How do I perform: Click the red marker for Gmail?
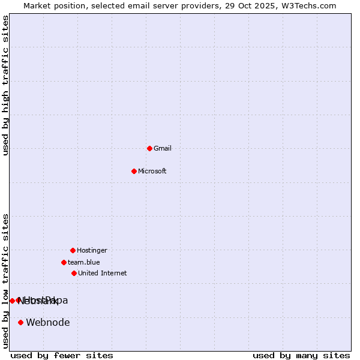(149, 148)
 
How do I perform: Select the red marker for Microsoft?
(134, 171)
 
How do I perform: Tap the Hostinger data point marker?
(73, 250)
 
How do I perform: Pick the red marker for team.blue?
(64, 262)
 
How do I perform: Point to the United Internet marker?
(74, 273)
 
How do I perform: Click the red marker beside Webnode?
(20, 322)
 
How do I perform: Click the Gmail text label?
(163, 148)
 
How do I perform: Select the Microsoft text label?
(152, 171)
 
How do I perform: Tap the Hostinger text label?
(92, 250)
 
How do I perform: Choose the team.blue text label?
(84, 262)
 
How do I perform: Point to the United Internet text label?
(103, 273)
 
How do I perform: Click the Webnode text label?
(48, 322)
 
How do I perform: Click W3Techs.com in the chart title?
(308, 5)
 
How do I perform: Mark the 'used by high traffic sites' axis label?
(5, 85)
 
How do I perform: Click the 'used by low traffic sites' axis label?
(5, 281)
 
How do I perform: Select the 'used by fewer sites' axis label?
(62, 355)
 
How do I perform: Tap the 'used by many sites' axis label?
(301, 355)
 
